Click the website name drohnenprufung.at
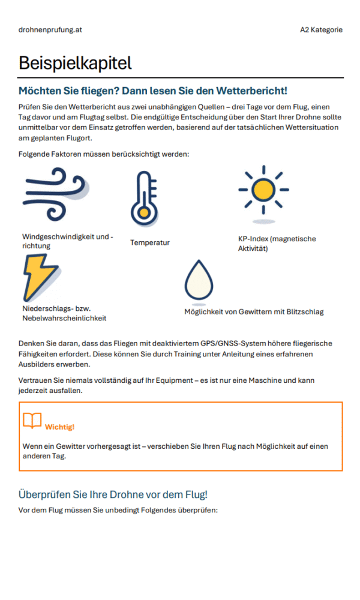coord(50,29)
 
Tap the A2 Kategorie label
coord(321,29)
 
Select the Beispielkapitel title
coord(75,63)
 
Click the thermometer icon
coord(143,198)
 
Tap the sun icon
coord(263,190)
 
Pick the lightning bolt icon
coord(41,277)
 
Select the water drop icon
coord(199,280)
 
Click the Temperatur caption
coord(149,242)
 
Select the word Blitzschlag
coord(304,311)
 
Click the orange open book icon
coord(32,421)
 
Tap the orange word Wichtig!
coord(59,427)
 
